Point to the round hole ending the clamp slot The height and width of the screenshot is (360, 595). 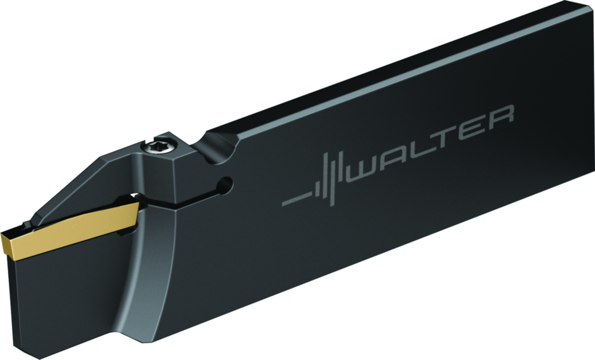tap(224, 185)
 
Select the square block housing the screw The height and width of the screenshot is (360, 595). tap(169, 168)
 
